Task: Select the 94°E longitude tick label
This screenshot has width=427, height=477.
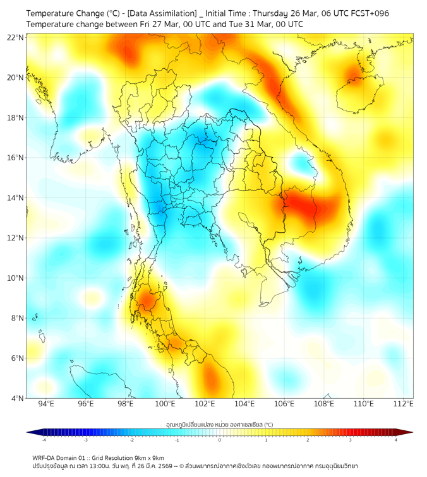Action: tap(46, 404)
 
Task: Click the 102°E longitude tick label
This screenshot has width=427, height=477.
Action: tap(205, 404)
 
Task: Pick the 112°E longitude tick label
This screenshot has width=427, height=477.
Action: tap(403, 404)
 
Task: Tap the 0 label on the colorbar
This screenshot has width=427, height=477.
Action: tap(220, 440)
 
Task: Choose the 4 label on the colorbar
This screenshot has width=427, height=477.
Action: tap(396, 440)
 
